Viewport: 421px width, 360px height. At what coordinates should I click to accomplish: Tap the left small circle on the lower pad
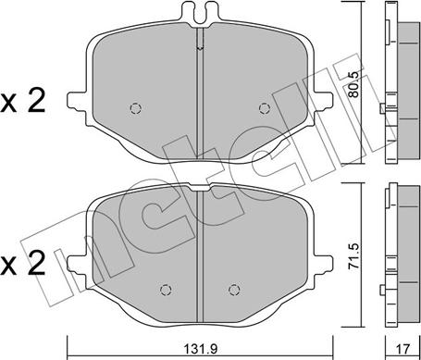[x=166, y=286]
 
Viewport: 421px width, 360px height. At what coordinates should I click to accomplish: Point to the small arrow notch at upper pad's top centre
[x=200, y=43]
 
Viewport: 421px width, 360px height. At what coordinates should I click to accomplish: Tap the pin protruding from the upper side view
[x=382, y=110]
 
